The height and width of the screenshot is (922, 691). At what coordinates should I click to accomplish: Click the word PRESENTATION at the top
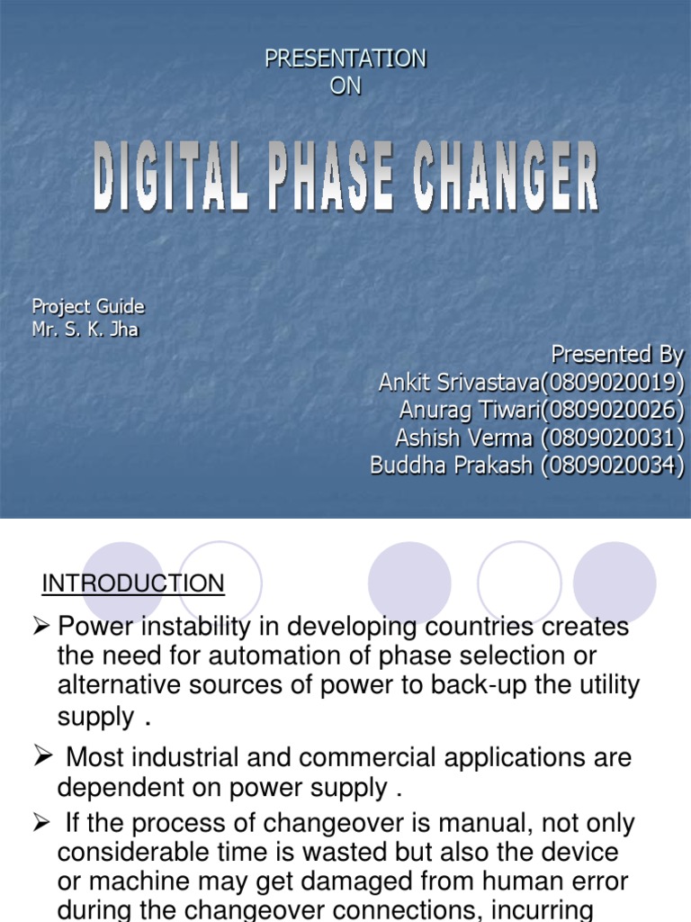pyautogui.click(x=345, y=59)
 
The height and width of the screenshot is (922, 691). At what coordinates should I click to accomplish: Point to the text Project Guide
pyautogui.click(x=88, y=306)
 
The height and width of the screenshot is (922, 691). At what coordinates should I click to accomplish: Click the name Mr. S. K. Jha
pyautogui.click(x=85, y=329)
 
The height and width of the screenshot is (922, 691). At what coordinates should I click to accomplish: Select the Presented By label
pyautogui.click(x=617, y=353)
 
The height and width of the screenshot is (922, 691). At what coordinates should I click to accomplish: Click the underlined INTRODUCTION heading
pyautogui.click(x=133, y=583)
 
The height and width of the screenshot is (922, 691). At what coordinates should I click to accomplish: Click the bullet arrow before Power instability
pyautogui.click(x=40, y=627)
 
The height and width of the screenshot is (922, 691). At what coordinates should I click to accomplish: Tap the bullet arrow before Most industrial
pyautogui.click(x=40, y=756)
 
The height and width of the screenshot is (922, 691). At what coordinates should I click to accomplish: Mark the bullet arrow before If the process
pyautogui.click(x=40, y=822)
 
